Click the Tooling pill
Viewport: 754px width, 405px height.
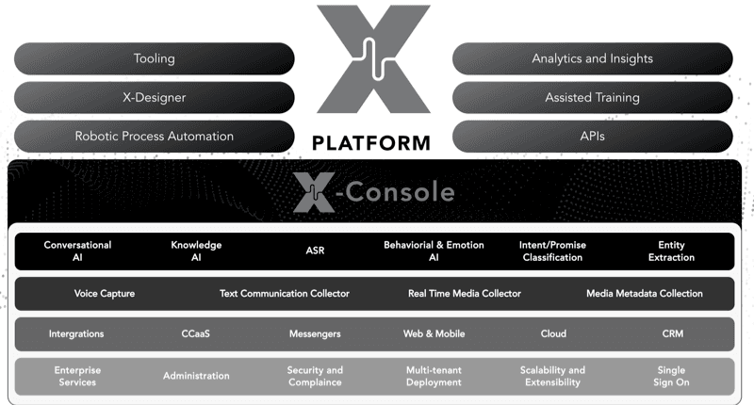(x=155, y=58)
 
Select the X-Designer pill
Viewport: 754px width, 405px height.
(x=155, y=97)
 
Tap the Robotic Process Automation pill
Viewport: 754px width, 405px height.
(x=155, y=136)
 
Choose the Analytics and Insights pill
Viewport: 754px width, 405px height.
(x=592, y=58)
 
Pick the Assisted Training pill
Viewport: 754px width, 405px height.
(x=592, y=97)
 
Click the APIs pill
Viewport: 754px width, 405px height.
(x=592, y=136)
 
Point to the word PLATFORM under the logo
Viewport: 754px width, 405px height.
(x=371, y=144)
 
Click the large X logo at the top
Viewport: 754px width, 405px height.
(x=372, y=59)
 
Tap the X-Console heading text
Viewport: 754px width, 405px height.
(x=373, y=194)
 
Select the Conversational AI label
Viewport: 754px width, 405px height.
(x=77, y=251)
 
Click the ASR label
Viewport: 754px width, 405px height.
(x=315, y=251)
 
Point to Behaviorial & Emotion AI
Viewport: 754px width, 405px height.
(x=434, y=251)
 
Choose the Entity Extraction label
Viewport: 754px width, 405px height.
(x=671, y=251)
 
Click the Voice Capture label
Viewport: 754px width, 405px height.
(x=105, y=294)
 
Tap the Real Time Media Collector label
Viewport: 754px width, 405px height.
(x=464, y=294)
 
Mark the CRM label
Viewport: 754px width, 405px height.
(x=671, y=334)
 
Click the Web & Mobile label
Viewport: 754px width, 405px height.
(x=435, y=334)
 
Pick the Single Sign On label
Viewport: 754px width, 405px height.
(x=671, y=376)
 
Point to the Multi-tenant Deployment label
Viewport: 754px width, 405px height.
(x=434, y=376)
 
